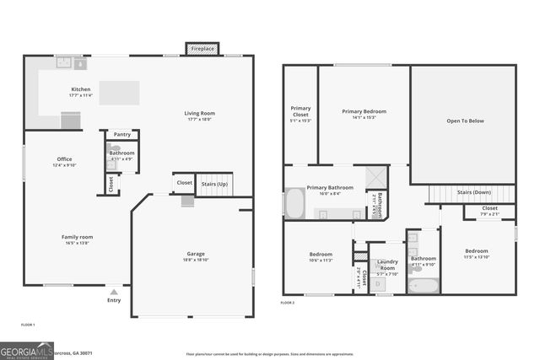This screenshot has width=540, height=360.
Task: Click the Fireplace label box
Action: click(202, 50)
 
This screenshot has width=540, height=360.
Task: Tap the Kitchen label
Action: click(80, 89)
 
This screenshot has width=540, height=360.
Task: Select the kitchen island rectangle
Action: click(119, 93)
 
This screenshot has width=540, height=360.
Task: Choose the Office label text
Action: click(64, 159)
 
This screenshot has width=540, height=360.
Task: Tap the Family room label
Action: click(77, 237)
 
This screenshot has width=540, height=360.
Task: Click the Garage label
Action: click(196, 254)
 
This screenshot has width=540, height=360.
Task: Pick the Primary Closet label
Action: click(300, 109)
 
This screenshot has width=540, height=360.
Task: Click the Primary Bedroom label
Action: click(364, 111)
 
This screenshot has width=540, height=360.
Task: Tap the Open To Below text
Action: click(465, 121)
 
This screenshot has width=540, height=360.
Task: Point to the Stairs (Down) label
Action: click(475, 192)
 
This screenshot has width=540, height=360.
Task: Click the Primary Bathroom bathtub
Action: click(294, 204)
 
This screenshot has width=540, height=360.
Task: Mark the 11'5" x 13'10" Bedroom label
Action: click(477, 250)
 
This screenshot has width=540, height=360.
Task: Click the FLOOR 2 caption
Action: click(289, 302)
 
